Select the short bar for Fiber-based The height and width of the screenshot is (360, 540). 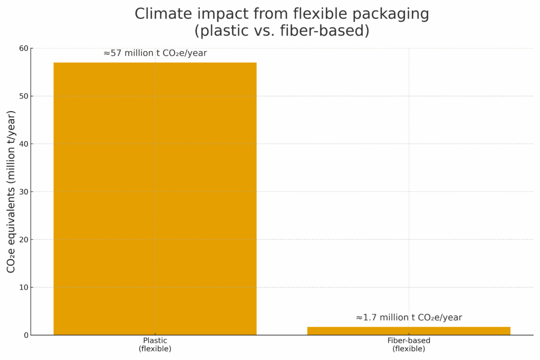point(409,331)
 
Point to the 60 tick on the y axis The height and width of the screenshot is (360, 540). point(24,48)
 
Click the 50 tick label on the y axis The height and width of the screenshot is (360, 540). point(24,96)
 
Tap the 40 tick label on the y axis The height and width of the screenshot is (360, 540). point(24,144)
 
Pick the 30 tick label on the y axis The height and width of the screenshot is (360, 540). point(24,192)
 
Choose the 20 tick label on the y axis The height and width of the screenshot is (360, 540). point(24,240)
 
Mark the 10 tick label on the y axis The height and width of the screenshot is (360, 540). point(24,287)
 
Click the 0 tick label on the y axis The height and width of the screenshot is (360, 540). point(26,335)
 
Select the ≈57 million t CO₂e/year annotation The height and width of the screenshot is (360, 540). point(155,53)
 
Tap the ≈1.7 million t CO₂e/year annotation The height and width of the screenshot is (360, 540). point(409,317)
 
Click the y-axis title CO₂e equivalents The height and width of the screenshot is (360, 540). point(11,191)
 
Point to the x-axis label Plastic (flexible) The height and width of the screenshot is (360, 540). point(155,345)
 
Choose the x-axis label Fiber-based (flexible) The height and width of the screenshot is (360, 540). point(409,345)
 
